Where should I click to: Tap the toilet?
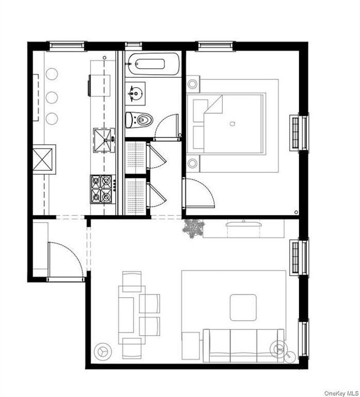(x=139, y=119)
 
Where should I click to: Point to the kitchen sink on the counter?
(x=102, y=139)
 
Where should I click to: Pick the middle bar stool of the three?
(x=52, y=97)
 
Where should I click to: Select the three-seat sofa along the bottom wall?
(x=244, y=344)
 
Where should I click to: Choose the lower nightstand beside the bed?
(x=193, y=164)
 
